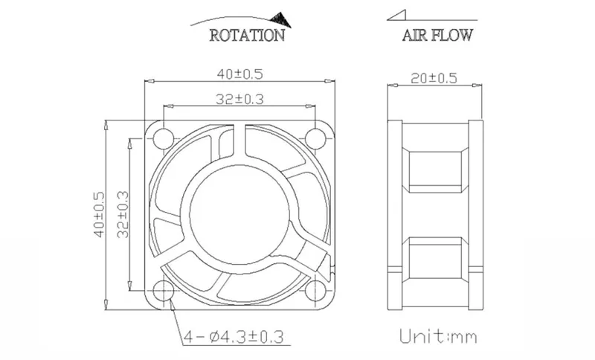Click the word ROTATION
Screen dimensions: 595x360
pyautogui.click(x=247, y=35)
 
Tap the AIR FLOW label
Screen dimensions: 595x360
pyautogui.click(x=437, y=35)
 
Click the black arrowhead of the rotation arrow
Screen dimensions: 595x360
pyautogui.click(x=281, y=20)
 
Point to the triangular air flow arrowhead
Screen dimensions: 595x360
pyautogui.click(x=396, y=15)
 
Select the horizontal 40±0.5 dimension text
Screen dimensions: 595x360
pyautogui.click(x=239, y=74)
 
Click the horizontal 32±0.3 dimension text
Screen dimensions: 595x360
pyautogui.click(x=239, y=100)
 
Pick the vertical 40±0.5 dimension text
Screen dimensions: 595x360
pyautogui.click(x=99, y=214)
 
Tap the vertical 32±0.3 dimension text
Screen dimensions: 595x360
pyautogui.click(x=123, y=214)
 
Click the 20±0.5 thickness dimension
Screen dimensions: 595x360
pyautogui.click(x=434, y=79)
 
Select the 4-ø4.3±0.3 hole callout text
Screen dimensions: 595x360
pyautogui.click(x=234, y=336)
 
